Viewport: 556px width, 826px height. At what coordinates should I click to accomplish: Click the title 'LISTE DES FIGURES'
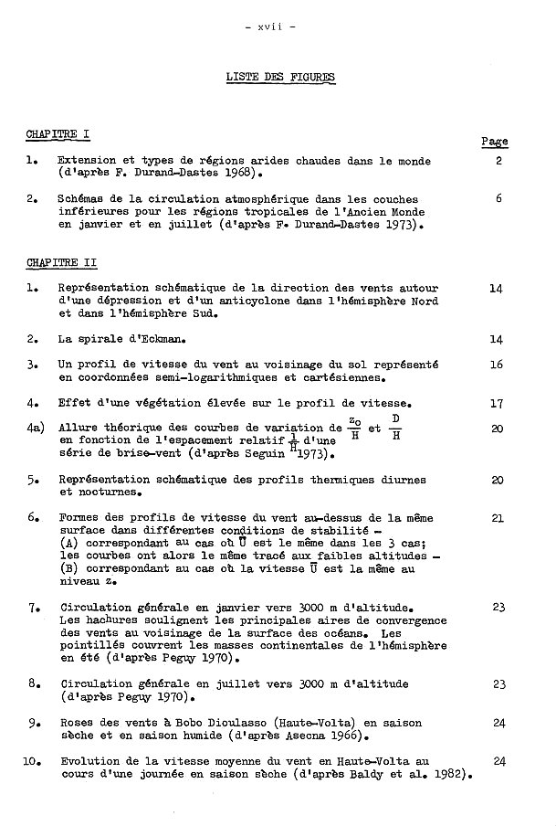coord(280,78)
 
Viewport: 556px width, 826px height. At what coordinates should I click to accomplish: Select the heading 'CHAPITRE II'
coord(61,263)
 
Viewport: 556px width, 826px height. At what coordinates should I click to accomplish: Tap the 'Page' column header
coord(494,142)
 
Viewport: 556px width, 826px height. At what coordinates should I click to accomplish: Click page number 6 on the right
coord(499,198)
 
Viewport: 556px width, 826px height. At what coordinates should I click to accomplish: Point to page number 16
coord(496,364)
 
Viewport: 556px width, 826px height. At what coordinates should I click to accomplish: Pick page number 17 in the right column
coord(496,402)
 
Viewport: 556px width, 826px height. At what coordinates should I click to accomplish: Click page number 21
coord(497,518)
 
